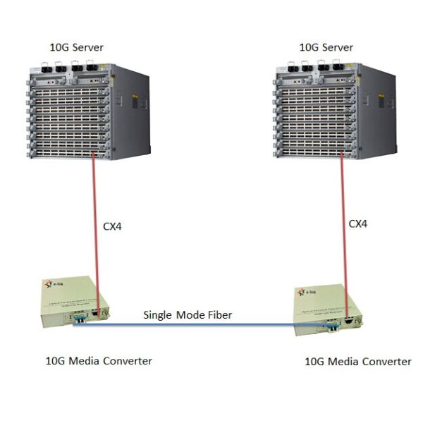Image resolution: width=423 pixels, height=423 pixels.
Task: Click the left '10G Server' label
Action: click(x=75, y=47)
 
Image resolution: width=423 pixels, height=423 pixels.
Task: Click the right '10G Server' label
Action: click(x=326, y=47)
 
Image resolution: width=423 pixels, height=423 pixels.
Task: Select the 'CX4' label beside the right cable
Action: click(x=358, y=223)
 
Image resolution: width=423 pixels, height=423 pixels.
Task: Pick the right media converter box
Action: click(x=325, y=310)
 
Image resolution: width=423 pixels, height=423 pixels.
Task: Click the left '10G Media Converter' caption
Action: click(x=99, y=360)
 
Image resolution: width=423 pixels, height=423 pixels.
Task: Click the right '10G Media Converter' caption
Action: click(x=357, y=362)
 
